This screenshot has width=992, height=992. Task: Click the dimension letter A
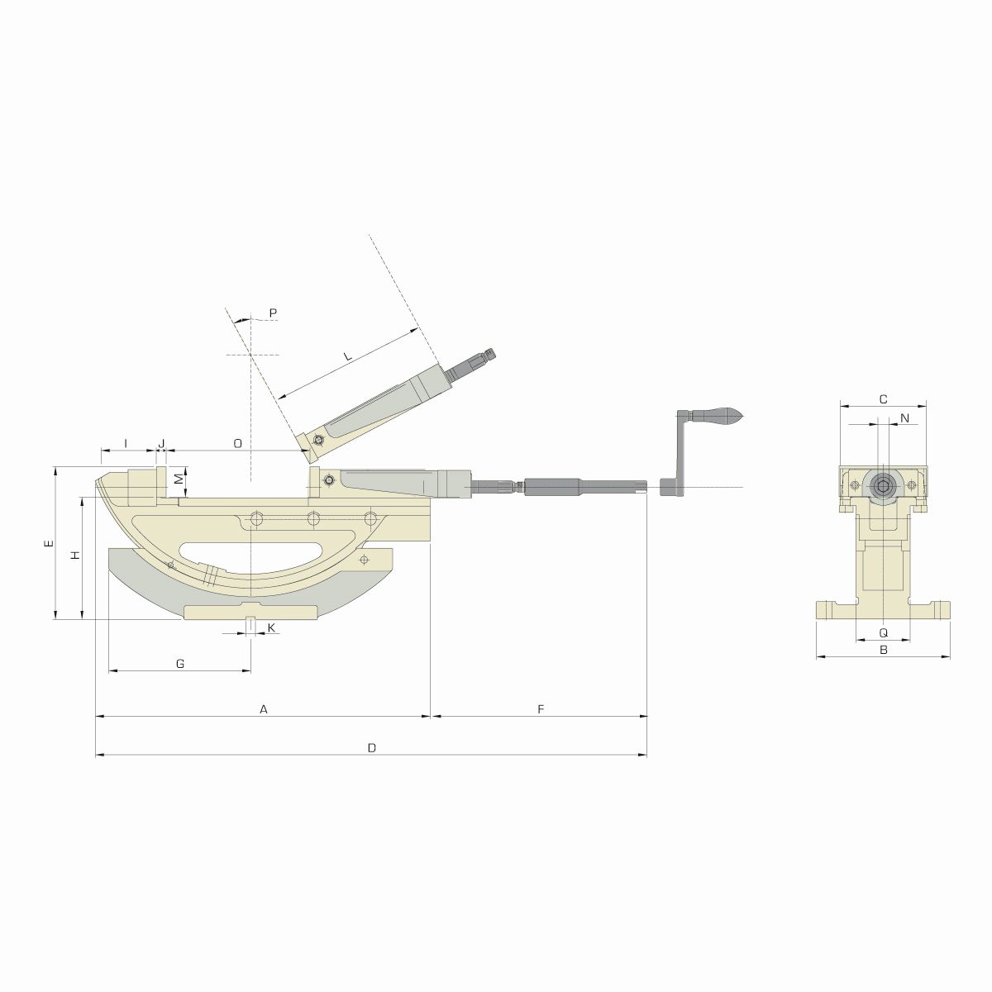pos(264,708)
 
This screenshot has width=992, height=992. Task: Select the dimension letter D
pos(372,747)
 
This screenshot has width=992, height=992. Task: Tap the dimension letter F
pos(540,708)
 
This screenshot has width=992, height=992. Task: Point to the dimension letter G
pos(180,663)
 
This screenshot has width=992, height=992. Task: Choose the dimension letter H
pos(74,556)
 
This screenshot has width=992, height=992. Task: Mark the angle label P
pos(273,312)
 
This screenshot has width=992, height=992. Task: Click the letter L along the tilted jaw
pos(348,356)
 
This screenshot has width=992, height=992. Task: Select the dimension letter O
pos(237,443)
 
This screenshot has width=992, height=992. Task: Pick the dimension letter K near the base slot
pos(270,629)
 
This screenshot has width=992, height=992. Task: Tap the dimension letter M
pos(177,479)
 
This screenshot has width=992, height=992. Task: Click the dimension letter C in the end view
pos(883,399)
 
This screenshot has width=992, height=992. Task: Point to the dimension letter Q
pos(883,632)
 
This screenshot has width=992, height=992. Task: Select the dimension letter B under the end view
pos(883,651)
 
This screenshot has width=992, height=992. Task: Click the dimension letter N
pos(904,418)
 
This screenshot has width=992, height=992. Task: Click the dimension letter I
pos(126,443)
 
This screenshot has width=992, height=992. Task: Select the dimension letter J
pos(162,443)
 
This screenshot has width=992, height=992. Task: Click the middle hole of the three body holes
pos(313,518)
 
